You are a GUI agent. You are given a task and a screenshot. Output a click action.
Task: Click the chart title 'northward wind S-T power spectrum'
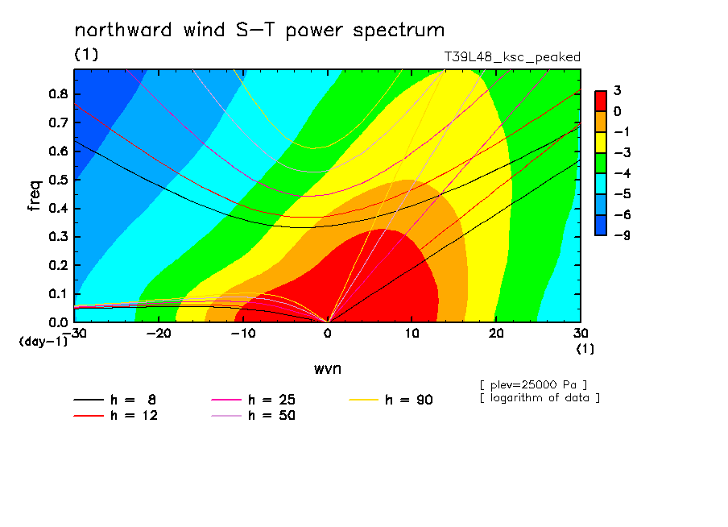click(x=259, y=31)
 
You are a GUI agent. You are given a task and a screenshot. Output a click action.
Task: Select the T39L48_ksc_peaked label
click(x=512, y=57)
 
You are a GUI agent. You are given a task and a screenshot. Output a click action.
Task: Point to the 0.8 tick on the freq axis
click(x=58, y=93)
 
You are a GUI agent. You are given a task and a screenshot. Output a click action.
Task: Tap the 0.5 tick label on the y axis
click(x=58, y=180)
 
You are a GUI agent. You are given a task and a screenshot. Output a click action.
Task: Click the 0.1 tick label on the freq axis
click(x=58, y=294)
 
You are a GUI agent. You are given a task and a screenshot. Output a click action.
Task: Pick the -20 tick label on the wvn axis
click(x=159, y=334)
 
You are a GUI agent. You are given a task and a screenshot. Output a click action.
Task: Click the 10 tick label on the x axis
click(x=412, y=334)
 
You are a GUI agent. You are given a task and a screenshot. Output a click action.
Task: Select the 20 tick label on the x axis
click(x=496, y=334)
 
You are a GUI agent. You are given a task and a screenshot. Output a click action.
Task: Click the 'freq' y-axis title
click(x=35, y=196)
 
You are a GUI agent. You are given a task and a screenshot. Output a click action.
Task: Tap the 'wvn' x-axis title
click(x=328, y=369)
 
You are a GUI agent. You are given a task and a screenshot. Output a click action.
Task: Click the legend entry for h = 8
click(x=114, y=400)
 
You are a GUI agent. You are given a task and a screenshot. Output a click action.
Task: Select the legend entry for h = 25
click(x=253, y=400)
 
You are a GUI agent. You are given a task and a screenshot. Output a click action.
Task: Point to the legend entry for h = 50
click(x=253, y=416)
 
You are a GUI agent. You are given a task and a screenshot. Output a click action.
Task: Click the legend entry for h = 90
click(x=391, y=400)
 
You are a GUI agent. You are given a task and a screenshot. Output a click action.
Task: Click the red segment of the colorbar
click(x=601, y=101)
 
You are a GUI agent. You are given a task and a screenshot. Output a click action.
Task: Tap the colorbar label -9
click(x=623, y=235)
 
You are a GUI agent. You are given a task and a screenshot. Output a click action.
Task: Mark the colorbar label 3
click(x=617, y=90)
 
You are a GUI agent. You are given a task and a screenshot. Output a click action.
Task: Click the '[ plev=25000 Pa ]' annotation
click(x=533, y=385)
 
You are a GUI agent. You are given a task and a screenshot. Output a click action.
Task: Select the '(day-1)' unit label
click(x=43, y=342)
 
